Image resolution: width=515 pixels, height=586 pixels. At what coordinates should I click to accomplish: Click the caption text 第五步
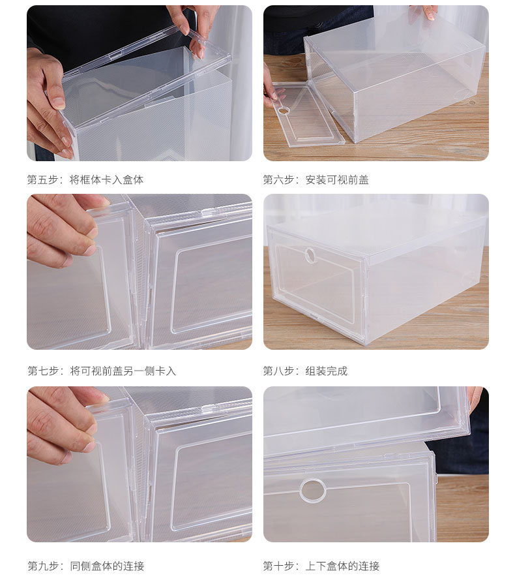42,179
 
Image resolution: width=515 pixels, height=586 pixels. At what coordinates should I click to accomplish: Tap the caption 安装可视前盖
337,179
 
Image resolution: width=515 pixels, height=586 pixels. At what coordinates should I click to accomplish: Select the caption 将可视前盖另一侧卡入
123,371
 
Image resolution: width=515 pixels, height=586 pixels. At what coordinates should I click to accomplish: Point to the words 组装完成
327,371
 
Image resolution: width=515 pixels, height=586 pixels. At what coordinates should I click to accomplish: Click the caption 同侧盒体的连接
107,566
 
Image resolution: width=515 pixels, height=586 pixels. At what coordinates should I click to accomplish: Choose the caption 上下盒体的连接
342,566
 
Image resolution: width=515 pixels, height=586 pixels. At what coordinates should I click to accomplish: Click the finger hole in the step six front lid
284,110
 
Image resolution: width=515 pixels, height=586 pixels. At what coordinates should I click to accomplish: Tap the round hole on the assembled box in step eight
310,254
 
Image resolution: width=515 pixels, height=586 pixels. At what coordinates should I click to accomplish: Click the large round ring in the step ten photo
312,490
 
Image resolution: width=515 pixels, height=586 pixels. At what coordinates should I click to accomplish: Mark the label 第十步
278,566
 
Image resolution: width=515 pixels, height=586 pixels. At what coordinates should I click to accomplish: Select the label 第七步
42,371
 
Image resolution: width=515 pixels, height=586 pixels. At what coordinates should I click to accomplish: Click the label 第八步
278,371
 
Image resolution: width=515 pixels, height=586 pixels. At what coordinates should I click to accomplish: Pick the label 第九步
42,566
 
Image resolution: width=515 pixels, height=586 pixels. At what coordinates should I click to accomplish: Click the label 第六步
278,179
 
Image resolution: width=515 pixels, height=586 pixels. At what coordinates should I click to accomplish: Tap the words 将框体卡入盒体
107,179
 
